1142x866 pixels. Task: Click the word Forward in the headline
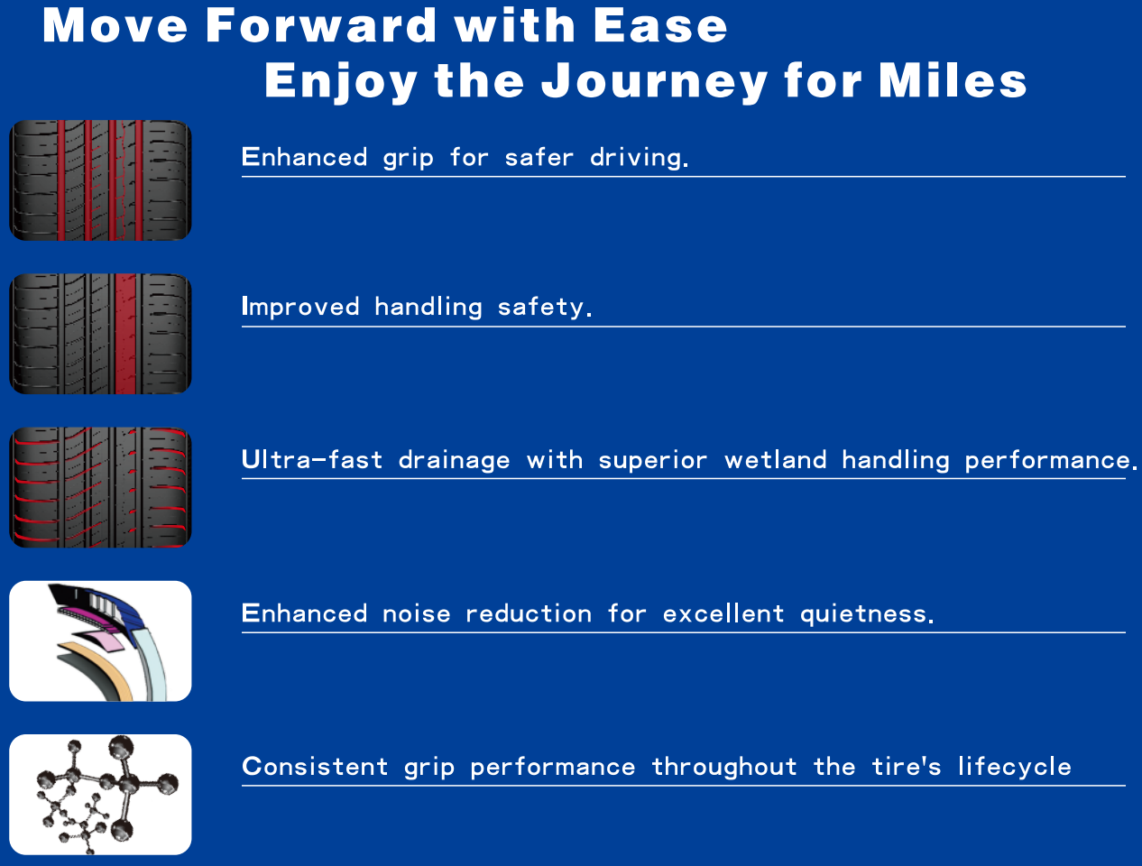pos(321,25)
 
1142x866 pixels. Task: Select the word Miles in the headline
pos(953,80)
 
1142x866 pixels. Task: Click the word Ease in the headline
pos(659,25)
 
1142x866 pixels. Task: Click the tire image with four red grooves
pos(100,180)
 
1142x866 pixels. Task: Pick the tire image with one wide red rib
pos(100,334)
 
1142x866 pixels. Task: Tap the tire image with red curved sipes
pos(100,487)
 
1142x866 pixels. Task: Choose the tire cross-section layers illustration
pos(100,640)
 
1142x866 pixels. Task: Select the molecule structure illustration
pos(100,794)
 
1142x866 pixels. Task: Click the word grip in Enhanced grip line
pos(408,158)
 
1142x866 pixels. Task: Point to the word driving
pos(639,158)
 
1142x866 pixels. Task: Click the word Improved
pos(300,307)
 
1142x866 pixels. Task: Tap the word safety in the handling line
pos(545,307)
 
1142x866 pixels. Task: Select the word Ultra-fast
pos(312,460)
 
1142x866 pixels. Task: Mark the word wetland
pos(775,460)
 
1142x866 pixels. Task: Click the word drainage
pos(455,461)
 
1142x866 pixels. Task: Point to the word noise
pos(416,614)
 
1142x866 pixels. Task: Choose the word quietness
pos(867,614)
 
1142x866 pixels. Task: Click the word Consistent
pos(315,767)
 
